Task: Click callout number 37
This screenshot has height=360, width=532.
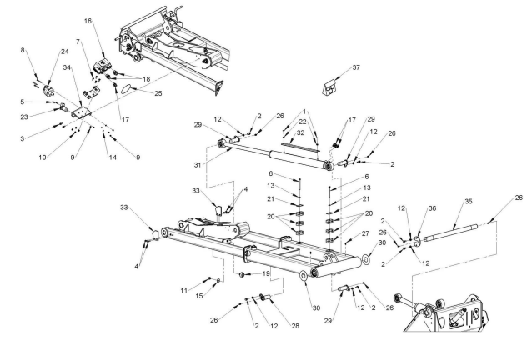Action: coord(356,67)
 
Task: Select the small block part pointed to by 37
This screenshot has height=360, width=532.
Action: coord(329,87)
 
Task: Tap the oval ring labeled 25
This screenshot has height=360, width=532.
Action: coord(125,89)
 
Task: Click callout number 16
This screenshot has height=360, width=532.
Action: coord(88,21)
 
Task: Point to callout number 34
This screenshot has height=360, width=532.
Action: coord(67,67)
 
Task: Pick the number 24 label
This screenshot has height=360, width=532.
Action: coord(64,52)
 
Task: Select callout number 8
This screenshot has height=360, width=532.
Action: coord(23,50)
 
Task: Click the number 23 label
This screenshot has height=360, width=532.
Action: coord(23,117)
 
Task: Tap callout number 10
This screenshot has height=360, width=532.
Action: coord(42,157)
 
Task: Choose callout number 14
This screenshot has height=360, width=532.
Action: coord(113,157)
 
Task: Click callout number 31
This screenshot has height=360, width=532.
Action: coord(198,165)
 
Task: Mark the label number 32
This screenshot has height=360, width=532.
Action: coord(300,132)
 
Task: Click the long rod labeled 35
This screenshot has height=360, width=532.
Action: coord(450,232)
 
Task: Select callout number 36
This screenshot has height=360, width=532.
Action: coord(432,208)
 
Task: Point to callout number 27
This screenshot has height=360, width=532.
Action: coord(365,233)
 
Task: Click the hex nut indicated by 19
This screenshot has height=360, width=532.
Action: coord(242,274)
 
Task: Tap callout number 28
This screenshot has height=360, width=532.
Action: coord(295,326)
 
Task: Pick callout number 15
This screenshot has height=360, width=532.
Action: coord(198,296)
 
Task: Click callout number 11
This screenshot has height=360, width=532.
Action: coord(183,291)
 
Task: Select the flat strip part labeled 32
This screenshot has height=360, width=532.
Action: coord(300,146)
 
